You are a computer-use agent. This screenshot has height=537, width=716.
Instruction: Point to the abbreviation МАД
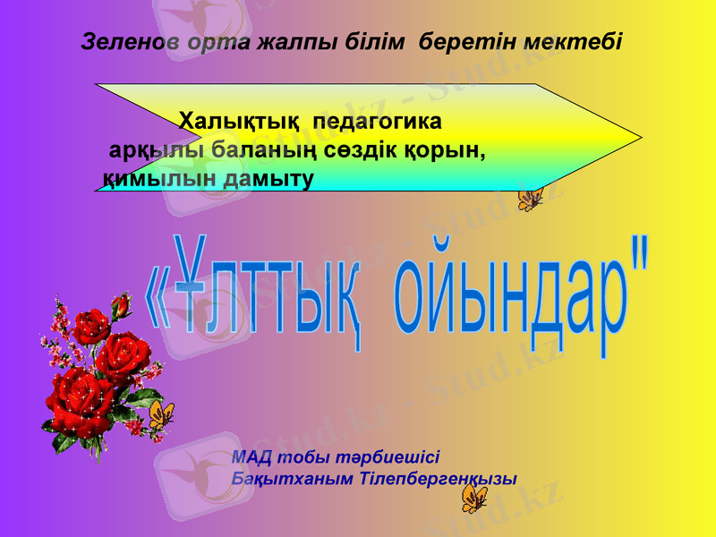point(250,456)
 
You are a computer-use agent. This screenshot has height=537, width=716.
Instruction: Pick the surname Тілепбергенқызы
point(439,478)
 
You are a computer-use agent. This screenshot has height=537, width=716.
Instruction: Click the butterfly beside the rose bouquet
point(161,415)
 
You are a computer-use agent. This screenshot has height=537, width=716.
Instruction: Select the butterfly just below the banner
point(530,199)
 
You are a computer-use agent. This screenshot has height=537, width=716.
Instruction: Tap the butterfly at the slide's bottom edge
point(473,498)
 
